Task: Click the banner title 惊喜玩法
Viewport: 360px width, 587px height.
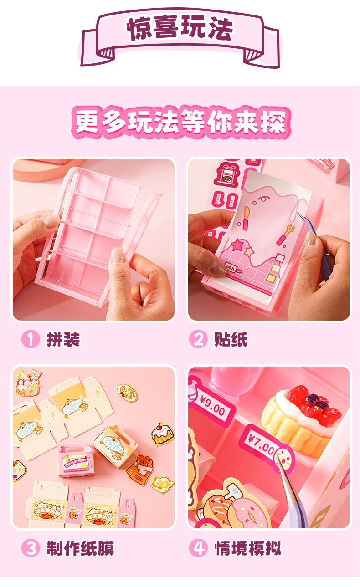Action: click(x=180, y=29)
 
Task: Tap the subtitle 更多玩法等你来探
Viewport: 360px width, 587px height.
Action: click(x=180, y=122)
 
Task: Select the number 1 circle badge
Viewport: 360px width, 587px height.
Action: click(x=31, y=340)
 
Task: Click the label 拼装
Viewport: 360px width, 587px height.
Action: click(x=63, y=340)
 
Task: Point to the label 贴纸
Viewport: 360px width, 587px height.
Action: click(x=231, y=340)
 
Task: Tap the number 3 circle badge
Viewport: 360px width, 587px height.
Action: click(x=31, y=548)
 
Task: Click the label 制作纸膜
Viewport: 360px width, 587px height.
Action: click(x=80, y=548)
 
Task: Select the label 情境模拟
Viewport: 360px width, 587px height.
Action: click(x=248, y=548)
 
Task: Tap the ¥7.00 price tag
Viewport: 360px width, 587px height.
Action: click(x=262, y=443)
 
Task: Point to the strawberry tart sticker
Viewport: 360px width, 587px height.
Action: click(x=27, y=383)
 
